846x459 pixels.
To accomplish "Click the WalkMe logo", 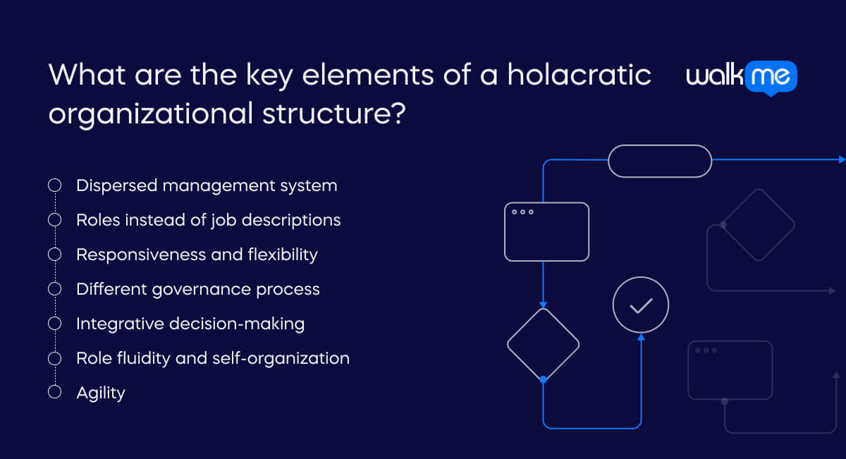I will tap(741, 77).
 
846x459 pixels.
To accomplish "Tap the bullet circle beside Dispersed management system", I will tap(54, 185).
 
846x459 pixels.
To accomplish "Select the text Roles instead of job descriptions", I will tap(208, 220).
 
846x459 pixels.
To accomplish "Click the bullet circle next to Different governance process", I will tap(54, 289).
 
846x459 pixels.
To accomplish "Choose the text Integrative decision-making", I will tap(190, 324).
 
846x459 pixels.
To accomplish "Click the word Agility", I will tap(101, 393).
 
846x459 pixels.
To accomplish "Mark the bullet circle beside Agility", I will tap(54, 393).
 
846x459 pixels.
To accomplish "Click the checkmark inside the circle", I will tap(641, 305).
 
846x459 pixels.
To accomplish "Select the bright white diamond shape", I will tap(543, 345).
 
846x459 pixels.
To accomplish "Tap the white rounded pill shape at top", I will tap(660, 161).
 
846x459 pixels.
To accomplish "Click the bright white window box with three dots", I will tap(546, 232).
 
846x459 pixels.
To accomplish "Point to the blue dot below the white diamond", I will tap(543, 379).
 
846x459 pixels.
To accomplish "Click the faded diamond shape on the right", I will tap(759, 225).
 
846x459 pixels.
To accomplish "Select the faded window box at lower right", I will tap(730, 370).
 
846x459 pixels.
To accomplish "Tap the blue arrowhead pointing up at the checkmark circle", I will tap(641, 338).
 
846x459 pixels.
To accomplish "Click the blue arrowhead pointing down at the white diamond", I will tap(543, 303).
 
